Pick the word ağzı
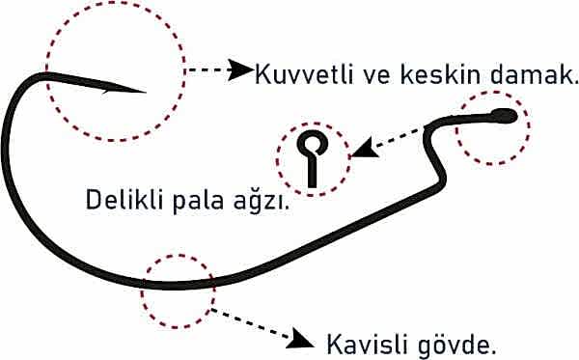[265, 203]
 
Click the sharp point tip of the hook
[144, 93]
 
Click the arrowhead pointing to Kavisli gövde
[305, 338]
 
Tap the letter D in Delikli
[94, 201]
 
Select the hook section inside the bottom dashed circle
[178, 285]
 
